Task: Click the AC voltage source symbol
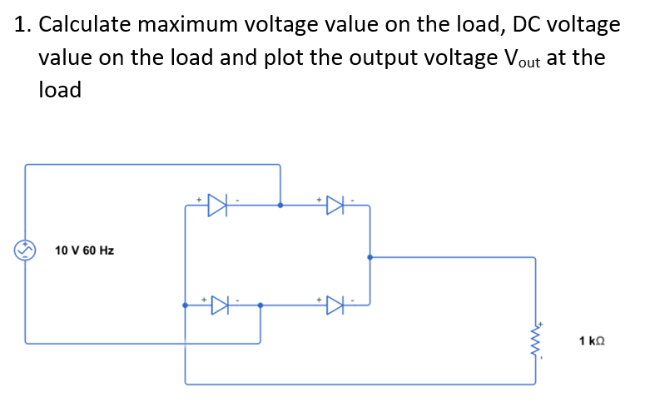click(x=26, y=250)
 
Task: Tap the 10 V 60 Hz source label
click(x=84, y=250)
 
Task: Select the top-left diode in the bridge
click(x=217, y=204)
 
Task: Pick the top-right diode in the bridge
click(x=335, y=204)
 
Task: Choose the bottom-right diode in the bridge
click(x=335, y=305)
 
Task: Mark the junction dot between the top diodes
click(x=280, y=204)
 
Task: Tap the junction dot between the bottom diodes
click(x=261, y=305)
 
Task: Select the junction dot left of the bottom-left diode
click(x=185, y=305)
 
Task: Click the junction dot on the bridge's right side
click(x=370, y=257)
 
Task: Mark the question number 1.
click(x=21, y=25)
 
